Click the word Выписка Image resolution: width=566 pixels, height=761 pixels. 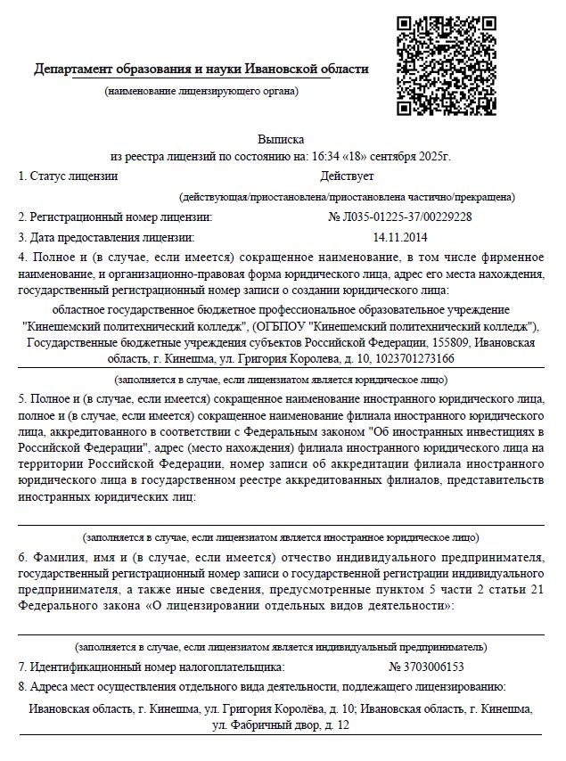pos(282,140)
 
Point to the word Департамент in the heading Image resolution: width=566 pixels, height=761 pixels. pos(77,70)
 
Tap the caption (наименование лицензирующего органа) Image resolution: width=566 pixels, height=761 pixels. pos(201,91)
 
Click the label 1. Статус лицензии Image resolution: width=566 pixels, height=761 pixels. pos(68,176)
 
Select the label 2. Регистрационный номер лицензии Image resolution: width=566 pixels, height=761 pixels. pos(115,217)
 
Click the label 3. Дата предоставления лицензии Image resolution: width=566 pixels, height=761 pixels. pos(105,237)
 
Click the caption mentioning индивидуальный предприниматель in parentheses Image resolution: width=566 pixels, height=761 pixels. pos(282,647)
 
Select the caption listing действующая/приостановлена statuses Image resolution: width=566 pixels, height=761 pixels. pos(345,196)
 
